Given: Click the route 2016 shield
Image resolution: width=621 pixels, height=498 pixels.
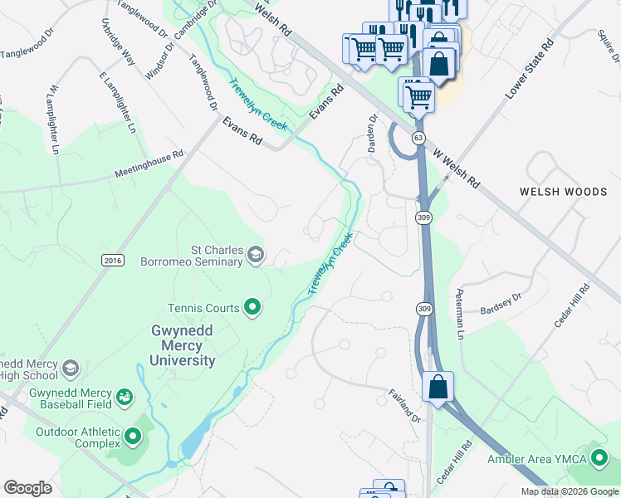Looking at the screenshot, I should (x=113, y=260).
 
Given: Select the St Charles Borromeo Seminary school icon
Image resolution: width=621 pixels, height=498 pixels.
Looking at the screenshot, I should (x=257, y=254).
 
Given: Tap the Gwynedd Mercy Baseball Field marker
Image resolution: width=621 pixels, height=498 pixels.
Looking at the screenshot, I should (x=125, y=398).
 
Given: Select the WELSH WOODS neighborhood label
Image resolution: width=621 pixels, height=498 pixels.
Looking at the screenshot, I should (x=563, y=192).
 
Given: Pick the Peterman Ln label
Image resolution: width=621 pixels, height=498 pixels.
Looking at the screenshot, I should (x=457, y=314).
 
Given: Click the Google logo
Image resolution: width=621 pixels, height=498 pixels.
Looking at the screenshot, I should (x=27, y=488).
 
